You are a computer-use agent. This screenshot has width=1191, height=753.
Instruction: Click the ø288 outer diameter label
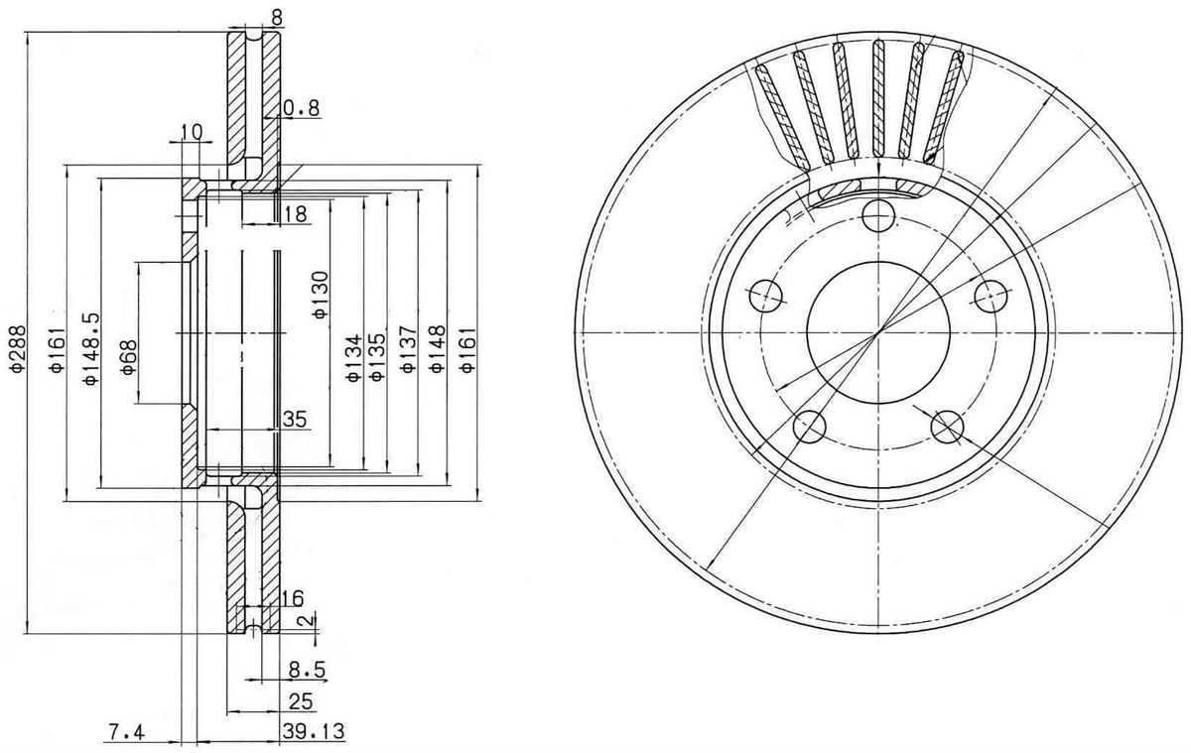(17, 348)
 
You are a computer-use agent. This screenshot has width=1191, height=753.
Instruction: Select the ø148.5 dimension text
(90, 348)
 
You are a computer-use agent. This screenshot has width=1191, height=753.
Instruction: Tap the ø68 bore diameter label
(129, 357)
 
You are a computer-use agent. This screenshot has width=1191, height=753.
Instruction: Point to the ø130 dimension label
(321, 295)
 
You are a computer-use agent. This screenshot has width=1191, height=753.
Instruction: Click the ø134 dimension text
(354, 358)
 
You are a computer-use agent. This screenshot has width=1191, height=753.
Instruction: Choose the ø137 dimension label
(407, 349)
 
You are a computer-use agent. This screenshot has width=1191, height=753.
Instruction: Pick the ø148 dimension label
(437, 349)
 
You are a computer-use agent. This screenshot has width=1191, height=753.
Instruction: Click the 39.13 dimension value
(314, 731)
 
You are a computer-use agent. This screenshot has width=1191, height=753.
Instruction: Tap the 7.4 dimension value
(127, 733)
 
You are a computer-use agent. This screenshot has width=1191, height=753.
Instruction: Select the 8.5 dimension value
(307, 670)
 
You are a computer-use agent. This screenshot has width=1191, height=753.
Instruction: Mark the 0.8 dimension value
(302, 108)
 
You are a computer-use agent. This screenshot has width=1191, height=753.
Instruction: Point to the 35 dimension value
(295, 420)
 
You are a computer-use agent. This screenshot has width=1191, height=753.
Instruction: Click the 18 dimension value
(296, 214)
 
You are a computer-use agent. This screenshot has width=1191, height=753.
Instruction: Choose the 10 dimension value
(192, 132)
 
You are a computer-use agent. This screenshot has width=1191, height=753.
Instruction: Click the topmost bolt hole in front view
(878, 215)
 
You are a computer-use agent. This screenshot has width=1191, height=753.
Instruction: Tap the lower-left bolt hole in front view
(809, 427)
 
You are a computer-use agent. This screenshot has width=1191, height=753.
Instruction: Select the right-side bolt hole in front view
(992, 296)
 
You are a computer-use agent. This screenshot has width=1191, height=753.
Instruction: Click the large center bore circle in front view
(878, 332)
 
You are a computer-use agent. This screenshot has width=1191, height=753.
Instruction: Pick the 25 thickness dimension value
(301, 701)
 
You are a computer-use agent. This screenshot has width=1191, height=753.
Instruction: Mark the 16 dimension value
(292, 598)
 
